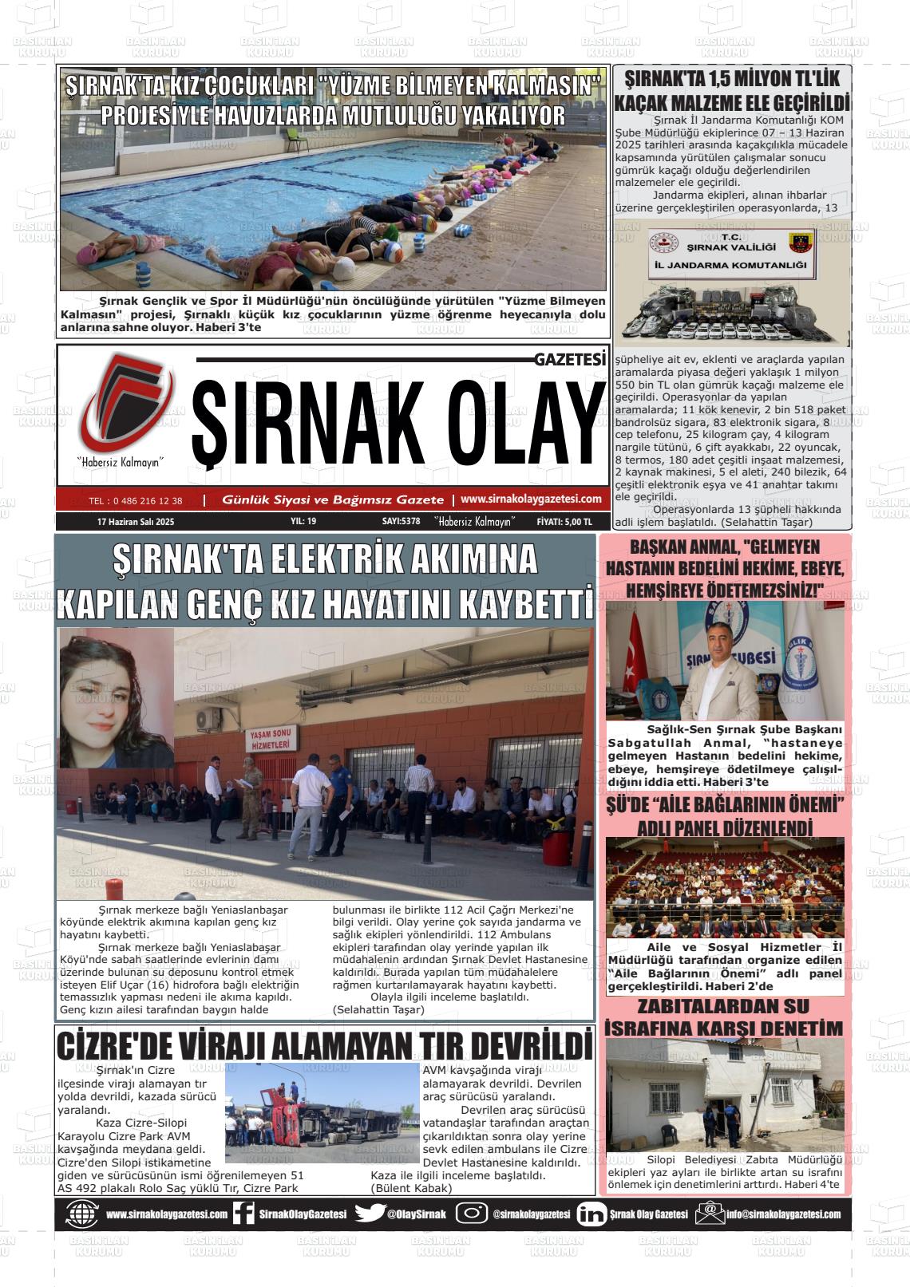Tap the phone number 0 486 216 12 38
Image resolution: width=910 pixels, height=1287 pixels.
pyautogui.click(x=136, y=501)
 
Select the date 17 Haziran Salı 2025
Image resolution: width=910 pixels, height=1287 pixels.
pyautogui.click(x=135, y=522)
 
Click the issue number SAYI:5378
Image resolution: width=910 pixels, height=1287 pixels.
pyautogui.click(x=401, y=522)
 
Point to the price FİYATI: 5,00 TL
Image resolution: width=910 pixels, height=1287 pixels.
pyautogui.click(x=564, y=522)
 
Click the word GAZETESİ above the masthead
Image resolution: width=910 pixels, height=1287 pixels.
pyautogui.click(x=570, y=360)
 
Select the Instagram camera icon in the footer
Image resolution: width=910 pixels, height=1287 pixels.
pyautogui.click(x=471, y=1214)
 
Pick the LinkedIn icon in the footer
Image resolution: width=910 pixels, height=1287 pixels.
pyautogui.click(x=591, y=1214)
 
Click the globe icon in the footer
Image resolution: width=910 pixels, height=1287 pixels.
pyautogui.click(x=82, y=1214)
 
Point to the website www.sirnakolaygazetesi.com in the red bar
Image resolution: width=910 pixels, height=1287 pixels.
pyautogui.click(x=531, y=499)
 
